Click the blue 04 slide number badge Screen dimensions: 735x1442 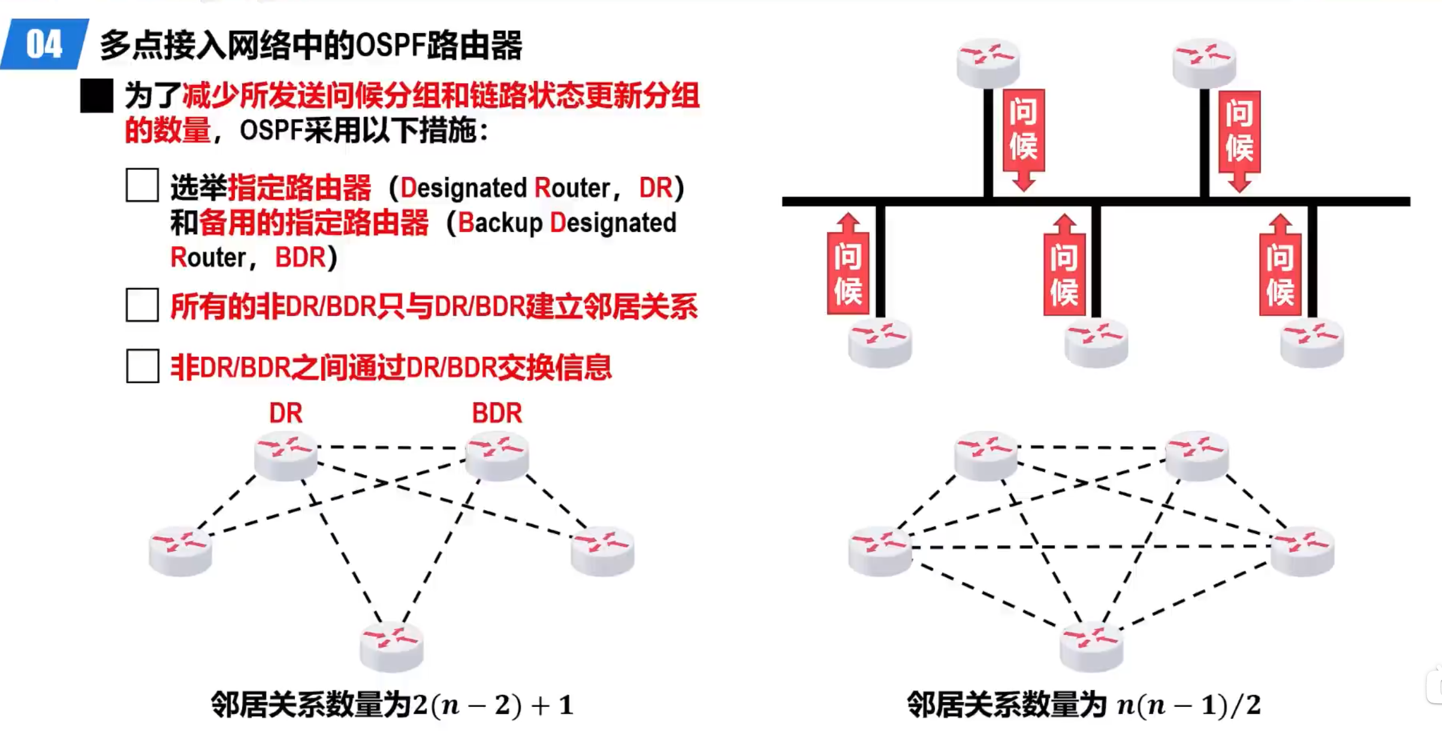point(44,44)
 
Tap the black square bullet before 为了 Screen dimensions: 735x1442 point(96,96)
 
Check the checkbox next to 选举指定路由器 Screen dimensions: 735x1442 point(142,185)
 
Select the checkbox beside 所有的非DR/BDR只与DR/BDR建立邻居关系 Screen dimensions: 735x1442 point(142,305)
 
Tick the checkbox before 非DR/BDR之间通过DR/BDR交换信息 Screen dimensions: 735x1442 point(142,366)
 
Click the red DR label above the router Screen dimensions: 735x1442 point(286,413)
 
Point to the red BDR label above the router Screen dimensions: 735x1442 point(497,413)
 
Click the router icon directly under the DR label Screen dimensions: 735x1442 point(286,455)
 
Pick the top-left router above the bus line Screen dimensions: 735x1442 point(988,62)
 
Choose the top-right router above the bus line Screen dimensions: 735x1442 point(1203,62)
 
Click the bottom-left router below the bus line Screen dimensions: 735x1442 point(880,343)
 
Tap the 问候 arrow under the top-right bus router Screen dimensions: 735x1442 point(1239,139)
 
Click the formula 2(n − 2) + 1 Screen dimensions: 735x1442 point(493,705)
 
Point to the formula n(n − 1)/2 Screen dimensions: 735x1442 point(1189,705)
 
